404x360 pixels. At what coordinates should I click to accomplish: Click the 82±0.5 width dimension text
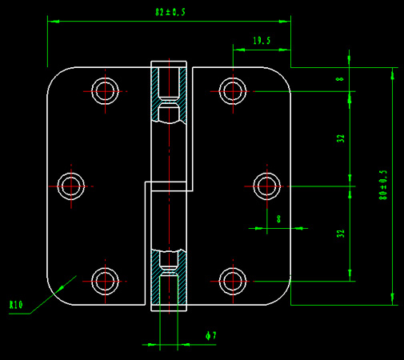(x=170, y=12)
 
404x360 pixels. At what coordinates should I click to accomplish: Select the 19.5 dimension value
(x=262, y=41)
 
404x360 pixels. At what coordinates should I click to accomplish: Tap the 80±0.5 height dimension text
(x=383, y=185)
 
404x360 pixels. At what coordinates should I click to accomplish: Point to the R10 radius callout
(x=16, y=305)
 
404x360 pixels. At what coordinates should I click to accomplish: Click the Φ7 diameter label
(x=211, y=335)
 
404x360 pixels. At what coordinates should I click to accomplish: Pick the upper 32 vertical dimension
(x=341, y=138)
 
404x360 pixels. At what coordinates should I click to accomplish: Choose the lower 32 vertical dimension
(x=341, y=234)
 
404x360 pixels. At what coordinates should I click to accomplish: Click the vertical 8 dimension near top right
(x=340, y=79)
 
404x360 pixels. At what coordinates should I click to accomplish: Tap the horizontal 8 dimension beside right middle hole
(x=279, y=219)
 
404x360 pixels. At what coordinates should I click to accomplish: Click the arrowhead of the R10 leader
(x=62, y=288)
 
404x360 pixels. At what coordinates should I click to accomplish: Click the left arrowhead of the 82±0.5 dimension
(x=53, y=22)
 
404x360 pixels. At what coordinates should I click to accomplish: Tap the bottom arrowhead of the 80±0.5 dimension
(x=392, y=299)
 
